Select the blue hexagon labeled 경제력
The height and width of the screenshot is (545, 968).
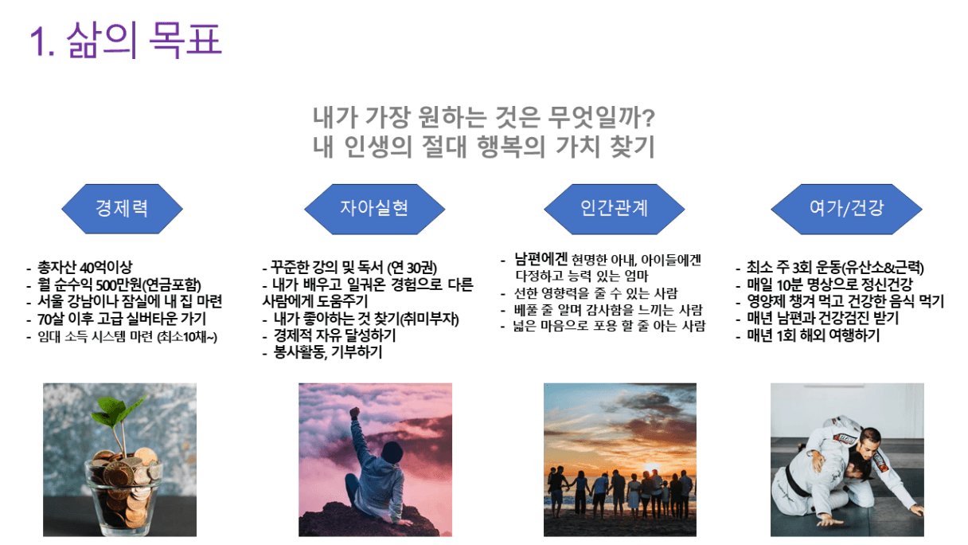tap(123, 209)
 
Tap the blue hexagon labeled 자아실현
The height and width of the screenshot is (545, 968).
tap(374, 209)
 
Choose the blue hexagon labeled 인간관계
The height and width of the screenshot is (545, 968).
tap(614, 209)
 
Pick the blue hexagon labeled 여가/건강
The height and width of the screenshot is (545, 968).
tap(846, 209)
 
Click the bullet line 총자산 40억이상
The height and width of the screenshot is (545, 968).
tap(84, 267)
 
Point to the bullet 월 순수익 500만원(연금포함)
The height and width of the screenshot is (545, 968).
tap(119, 284)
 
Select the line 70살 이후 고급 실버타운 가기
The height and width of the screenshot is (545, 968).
tap(122, 319)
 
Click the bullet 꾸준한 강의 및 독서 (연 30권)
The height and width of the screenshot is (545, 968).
tap(353, 267)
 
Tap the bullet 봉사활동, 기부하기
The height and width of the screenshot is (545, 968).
tap(328, 352)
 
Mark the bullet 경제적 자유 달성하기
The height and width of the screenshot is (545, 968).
tap(334, 335)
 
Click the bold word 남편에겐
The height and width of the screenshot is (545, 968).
tap(541, 259)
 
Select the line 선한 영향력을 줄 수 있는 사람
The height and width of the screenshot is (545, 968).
tap(595, 293)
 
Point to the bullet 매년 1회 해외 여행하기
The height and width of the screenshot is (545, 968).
tap(813, 335)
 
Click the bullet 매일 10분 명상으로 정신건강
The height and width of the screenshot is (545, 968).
tap(829, 284)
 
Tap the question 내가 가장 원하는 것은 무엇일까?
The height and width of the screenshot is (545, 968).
tap(484, 118)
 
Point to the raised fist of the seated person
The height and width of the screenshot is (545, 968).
tap(354, 412)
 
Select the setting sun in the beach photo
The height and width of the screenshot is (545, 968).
tap(652, 469)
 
